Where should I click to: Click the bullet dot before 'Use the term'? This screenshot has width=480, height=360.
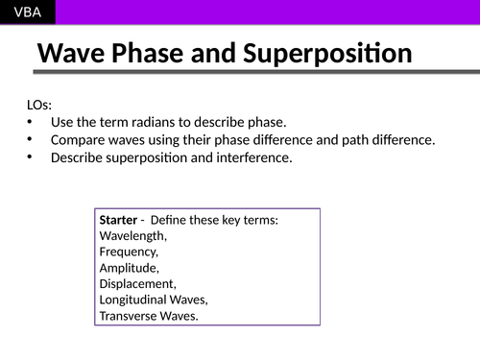click(x=30, y=123)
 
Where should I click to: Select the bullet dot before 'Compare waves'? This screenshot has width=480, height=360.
click(x=30, y=140)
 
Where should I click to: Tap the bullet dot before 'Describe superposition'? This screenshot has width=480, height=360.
click(x=30, y=157)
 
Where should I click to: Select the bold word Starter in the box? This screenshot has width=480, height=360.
click(x=118, y=221)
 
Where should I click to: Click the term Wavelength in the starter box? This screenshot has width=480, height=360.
click(x=132, y=236)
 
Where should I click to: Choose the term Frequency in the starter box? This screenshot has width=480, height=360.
click(x=129, y=252)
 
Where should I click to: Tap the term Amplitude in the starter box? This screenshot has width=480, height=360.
click(x=129, y=268)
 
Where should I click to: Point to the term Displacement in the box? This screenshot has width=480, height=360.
click(x=137, y=284)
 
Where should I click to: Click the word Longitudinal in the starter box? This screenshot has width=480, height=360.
click(x=138, y=300)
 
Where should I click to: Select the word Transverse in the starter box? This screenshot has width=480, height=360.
click(x=132, y=315)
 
